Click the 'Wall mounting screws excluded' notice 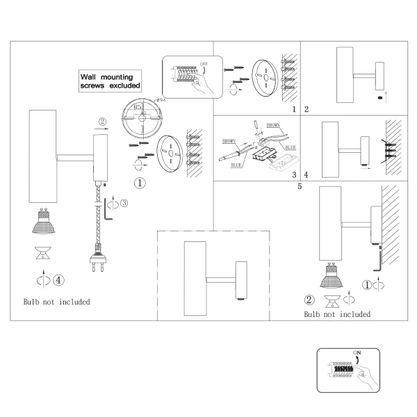(110, 81)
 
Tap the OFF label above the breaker (204, 65)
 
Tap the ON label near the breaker (357, 352)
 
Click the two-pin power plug (98, 258)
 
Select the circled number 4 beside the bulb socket (58, 280)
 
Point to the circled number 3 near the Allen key (124, 203)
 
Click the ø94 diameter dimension (161, 100)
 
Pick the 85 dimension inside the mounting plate (137, 107)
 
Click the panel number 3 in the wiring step (294, 174)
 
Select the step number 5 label (300, 186)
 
